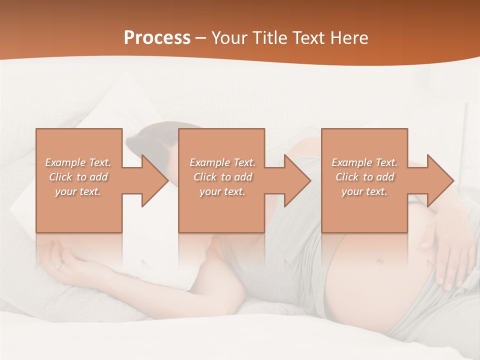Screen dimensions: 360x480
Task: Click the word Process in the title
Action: (x=157, y=38)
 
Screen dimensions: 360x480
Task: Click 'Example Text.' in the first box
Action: (x=78, y=162)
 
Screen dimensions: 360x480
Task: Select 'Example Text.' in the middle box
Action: (x=222, y=162)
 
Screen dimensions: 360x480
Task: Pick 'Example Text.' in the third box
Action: (x=364, y=162)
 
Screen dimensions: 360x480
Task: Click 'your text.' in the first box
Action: (x=78, y=191)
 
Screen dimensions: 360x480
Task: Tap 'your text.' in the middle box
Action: (x=222, y=191)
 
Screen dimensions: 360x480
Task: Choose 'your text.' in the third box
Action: (x=364, y=191)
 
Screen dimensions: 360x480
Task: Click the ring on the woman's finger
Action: (x=59, y=265)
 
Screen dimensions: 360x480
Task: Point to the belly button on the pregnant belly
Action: (x=380, y=261)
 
